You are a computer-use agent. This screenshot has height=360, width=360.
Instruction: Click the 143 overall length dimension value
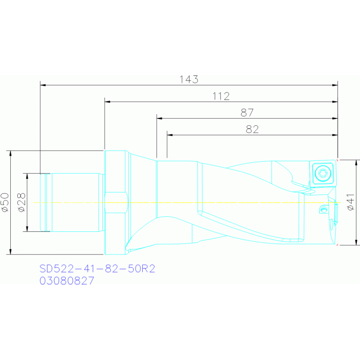pyautogui.click(x=189, y=79)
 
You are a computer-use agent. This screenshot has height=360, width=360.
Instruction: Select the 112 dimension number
pyautogui.click(x=221, y=96)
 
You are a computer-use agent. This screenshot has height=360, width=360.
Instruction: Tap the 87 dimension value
pyautogui.click(x=247, y=113)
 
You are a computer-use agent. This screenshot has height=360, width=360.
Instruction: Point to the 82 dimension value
pyautogui.click(x=252, y=130)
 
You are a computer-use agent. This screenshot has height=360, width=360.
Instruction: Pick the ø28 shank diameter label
pyautogui.click(x=21, y=202)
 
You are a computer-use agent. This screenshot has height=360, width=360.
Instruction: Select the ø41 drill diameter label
pyautogui.click(x=351, y=202)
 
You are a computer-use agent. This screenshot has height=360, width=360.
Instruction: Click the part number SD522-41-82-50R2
pyautogui.click(x=97, y=268)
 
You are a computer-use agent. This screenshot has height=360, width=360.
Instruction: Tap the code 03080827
pyautogui.click(x=67, y=281)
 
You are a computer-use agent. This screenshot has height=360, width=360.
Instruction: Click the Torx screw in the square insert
pyautogui.click(x=322, y=173)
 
